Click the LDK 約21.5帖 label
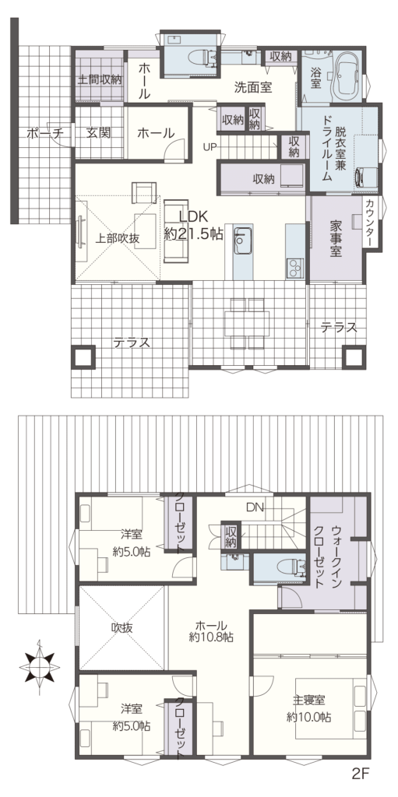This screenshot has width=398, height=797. click(194, 225)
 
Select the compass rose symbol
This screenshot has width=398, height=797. click(40, 665)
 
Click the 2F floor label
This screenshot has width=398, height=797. click(359, 774)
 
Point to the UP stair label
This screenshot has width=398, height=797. click(210, 147)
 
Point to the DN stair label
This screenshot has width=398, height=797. click(255, 507)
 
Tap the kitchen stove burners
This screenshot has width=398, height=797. click(294, 269)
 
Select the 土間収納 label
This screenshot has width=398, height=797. click(100, 79)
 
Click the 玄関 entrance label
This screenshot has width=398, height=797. click(98, 133)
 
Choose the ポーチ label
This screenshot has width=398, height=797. click(44, 134)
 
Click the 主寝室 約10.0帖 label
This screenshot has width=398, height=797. click(308, 709)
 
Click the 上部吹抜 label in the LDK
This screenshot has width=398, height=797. click(118, 239)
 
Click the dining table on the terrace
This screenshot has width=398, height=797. click(247, 324)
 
